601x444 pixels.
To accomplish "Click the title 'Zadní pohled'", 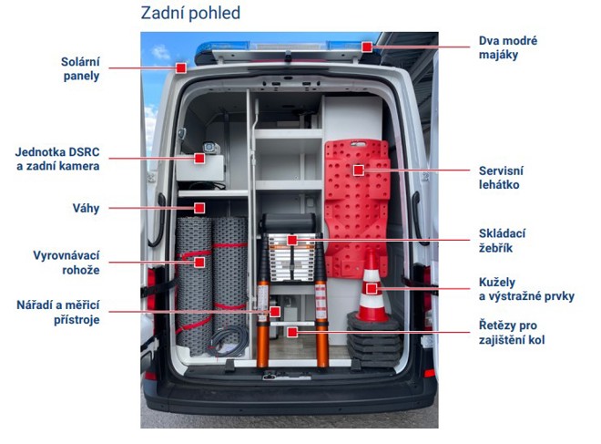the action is pyautogui.click(x=190, y=13).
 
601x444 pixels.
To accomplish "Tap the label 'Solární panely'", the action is pyautogui.click(x=80, y=68).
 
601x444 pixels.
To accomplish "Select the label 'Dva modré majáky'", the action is pyautogui.click(x=508, y=47).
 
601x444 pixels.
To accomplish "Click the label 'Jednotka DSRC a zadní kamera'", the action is pyautogui.click(x=57, y=159).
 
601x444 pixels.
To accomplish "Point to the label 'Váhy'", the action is pyautogui.click(x=86, y=209).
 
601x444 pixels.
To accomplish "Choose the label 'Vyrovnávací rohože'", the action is pyautogui.click(x=66, y=263).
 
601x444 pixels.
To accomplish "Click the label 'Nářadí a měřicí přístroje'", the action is pyautogui.click(x=58, y=313).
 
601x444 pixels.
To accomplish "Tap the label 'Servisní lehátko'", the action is pyautogui.click(x=501, y=177).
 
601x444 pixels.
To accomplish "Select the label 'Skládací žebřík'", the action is pyautogui.click(x=502, y=241).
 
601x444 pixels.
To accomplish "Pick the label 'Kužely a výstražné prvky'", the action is pyautogui.click(x=526, y=289).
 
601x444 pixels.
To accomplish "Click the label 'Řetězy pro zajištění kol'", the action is pyautogui.click(x=512, y=333).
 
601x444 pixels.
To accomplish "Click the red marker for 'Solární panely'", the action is pyautogui.click(x=181, y=68).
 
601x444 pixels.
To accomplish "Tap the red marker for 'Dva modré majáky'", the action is pyautogui.click(x=367, y=46).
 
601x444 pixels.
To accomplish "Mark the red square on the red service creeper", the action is pyautogui.click(x=359, y=170).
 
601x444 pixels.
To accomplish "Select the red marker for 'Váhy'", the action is pyautogui.click(x=199, y=208).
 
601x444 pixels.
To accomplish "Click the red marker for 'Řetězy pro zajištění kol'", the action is pyautogui.click(x=292, y=333).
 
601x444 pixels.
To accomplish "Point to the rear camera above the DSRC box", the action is pyautogui.click(x=211, y=148).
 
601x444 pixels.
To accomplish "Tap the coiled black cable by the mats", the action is pyautogui.click(x=229, y=342).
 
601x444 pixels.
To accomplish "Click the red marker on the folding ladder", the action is pyautogui.click(x=292, y=241).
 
